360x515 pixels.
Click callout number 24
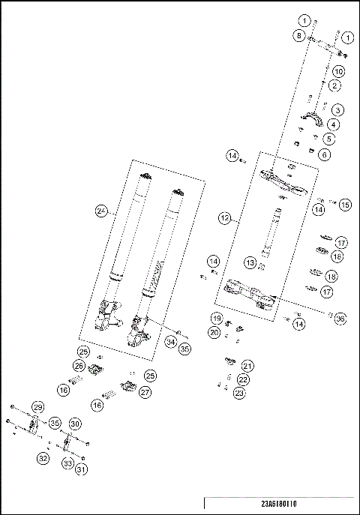click(x=101, y=212)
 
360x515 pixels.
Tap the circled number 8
click(x=298, y=35)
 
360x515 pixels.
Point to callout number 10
click(x=338, y=71)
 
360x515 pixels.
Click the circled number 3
click(x=339, y=110)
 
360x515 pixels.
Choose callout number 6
click(x=324, y=154)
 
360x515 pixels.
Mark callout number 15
click(x=344, y=204)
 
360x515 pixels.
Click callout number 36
click(x=340, y=319)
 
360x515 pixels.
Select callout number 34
click(x=171, y=343)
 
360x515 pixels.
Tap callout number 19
click(x=215, y=318)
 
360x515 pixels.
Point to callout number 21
click(x=247, y=366)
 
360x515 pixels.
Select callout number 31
click(x=80, y=469)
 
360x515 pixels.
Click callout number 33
click(x=68, y=465)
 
